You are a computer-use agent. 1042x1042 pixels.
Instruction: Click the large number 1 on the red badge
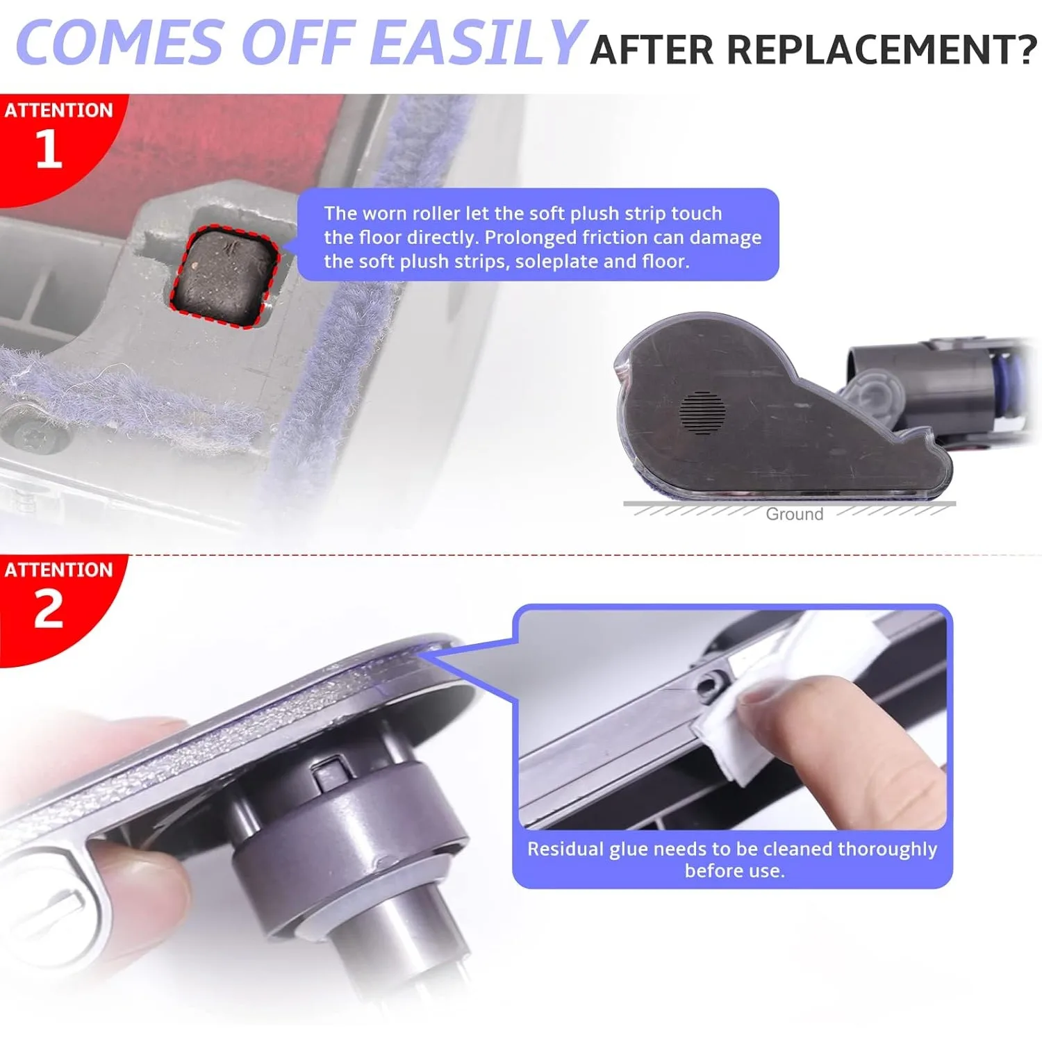tap(49, 149)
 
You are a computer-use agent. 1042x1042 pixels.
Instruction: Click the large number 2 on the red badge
tap(49, 609)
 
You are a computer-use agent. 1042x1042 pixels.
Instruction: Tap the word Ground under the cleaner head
tap(794, 514)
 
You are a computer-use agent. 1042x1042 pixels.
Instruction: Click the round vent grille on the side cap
tap(702, 413)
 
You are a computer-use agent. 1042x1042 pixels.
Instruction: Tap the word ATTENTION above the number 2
tap(58, 570)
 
